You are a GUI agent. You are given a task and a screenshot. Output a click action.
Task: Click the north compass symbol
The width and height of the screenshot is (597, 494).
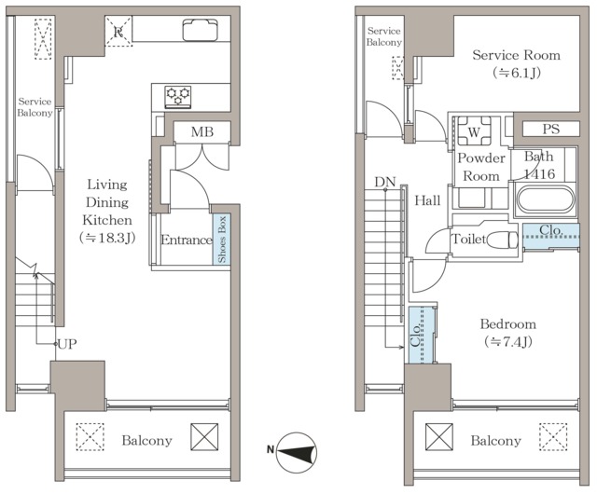click(x=297, y=452)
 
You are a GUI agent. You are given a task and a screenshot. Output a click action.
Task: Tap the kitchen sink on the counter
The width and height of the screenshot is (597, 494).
click(x=201, y=30)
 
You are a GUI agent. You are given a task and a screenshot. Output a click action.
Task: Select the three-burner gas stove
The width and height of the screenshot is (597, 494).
click(x=178, y=97)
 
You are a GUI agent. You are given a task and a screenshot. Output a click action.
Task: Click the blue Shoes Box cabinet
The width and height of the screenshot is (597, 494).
click(x=221, y=240)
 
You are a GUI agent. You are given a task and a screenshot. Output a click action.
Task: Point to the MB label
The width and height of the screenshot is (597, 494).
click(x=202, y=132)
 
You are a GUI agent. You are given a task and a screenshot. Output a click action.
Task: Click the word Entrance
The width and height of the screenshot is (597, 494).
click(x=187, y=240)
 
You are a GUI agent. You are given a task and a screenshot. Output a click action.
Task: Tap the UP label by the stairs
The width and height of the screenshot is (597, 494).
click(x=67, y=345)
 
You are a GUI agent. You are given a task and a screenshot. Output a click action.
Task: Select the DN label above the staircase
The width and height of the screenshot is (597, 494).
click(x=385, y=182)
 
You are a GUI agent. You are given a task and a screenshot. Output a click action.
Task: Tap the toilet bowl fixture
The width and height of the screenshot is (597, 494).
click(x=503, y=240)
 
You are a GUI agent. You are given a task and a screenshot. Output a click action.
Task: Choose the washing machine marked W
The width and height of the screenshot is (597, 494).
click(x=474, y=131)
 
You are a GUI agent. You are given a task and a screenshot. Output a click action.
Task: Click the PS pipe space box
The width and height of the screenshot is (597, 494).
click(x=551, y=129)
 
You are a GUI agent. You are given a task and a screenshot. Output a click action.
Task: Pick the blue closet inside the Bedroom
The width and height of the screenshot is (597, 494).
click(x=421, y=335)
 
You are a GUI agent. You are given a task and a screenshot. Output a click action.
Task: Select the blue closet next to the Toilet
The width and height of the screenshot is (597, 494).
click(x=551, y=236)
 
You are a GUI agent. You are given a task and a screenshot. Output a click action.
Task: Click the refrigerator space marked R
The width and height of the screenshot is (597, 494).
click(x=118, y=31)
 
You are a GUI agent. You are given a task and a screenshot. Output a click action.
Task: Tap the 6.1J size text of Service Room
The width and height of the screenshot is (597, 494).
click(x=516, y=72)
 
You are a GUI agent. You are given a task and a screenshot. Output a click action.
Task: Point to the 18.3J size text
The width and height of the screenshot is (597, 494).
click(x=107, y=238)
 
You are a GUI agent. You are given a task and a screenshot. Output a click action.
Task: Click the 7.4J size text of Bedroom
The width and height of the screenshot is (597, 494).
click(x=508, y=342)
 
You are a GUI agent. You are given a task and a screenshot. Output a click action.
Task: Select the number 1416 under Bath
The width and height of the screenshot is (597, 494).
click(x=539, y=174)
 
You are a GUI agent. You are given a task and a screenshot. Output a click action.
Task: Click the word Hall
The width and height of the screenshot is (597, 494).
click(x=427, y=200)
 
